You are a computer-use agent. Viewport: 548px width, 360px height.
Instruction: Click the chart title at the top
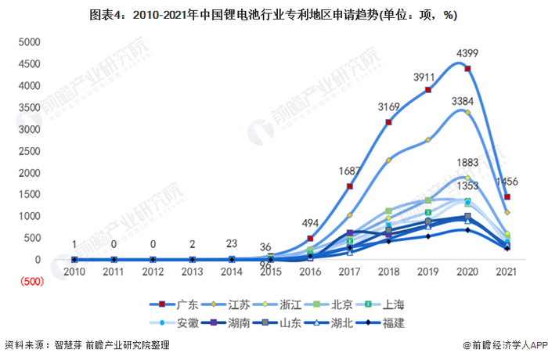pos(273,15)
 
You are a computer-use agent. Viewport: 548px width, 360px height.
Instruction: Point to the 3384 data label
pos(467,101)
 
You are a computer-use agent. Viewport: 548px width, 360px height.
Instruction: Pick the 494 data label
pos(312,223)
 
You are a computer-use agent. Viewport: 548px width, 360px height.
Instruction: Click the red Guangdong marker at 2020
pos(467,69)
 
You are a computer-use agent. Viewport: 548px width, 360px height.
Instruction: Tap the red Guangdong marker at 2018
pos(388,122)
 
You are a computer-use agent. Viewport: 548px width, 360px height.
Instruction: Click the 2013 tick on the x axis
pos(193,272)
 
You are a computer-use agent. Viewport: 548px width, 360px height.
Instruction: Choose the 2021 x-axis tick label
pos(507,272)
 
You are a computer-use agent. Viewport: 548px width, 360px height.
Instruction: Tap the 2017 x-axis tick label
pos(349,272)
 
